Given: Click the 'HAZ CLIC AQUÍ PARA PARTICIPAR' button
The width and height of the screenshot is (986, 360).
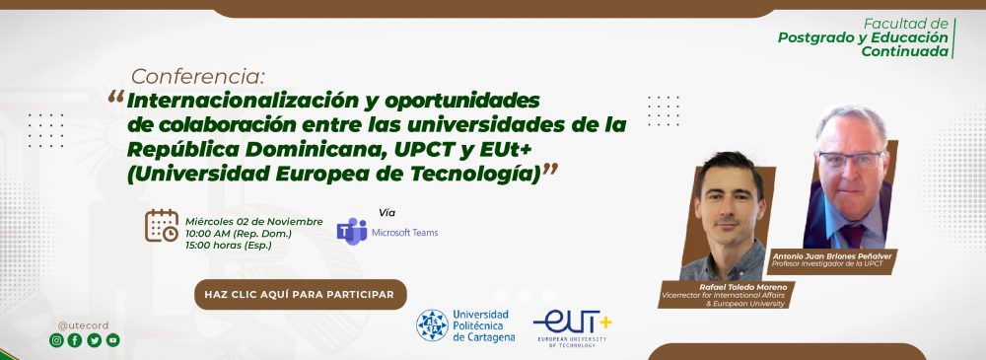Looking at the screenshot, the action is tap(301, 295).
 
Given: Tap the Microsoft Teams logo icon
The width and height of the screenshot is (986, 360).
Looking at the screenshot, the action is tap(352, 232).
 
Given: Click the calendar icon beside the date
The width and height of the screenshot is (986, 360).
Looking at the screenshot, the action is tap(162, 225).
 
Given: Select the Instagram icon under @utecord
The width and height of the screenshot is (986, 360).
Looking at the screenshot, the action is tap(56, 340).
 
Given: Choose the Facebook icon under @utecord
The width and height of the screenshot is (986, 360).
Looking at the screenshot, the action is tap(75, 340).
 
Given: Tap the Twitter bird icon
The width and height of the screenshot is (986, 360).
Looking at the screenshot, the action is tap(95, 340).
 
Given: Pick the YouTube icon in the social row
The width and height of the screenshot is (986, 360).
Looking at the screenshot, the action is tap(112, 340).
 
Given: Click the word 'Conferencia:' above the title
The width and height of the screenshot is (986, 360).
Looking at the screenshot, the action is tap(198, 77).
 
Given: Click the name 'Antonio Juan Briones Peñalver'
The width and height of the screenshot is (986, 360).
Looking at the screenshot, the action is tap(833, 255).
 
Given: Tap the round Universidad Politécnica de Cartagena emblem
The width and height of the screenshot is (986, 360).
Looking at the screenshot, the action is tap(432, 325).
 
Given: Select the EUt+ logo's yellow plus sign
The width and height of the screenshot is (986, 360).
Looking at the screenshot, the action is tap(605, 323).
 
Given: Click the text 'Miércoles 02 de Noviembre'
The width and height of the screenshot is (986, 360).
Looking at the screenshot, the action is tap(254, 222).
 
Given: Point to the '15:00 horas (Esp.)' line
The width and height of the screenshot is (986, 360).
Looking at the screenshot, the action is tap(229, 246).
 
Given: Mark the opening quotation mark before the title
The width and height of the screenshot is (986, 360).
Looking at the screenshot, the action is tap(115, 97).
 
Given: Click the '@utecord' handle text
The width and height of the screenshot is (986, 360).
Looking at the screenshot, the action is tap(83, 325).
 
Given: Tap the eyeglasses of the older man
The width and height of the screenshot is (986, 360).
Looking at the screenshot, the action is tap(850, 159).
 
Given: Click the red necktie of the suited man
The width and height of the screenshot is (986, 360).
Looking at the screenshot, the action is tap(853, 235).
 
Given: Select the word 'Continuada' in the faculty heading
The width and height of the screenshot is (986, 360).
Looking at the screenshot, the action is tap(905, 51).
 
